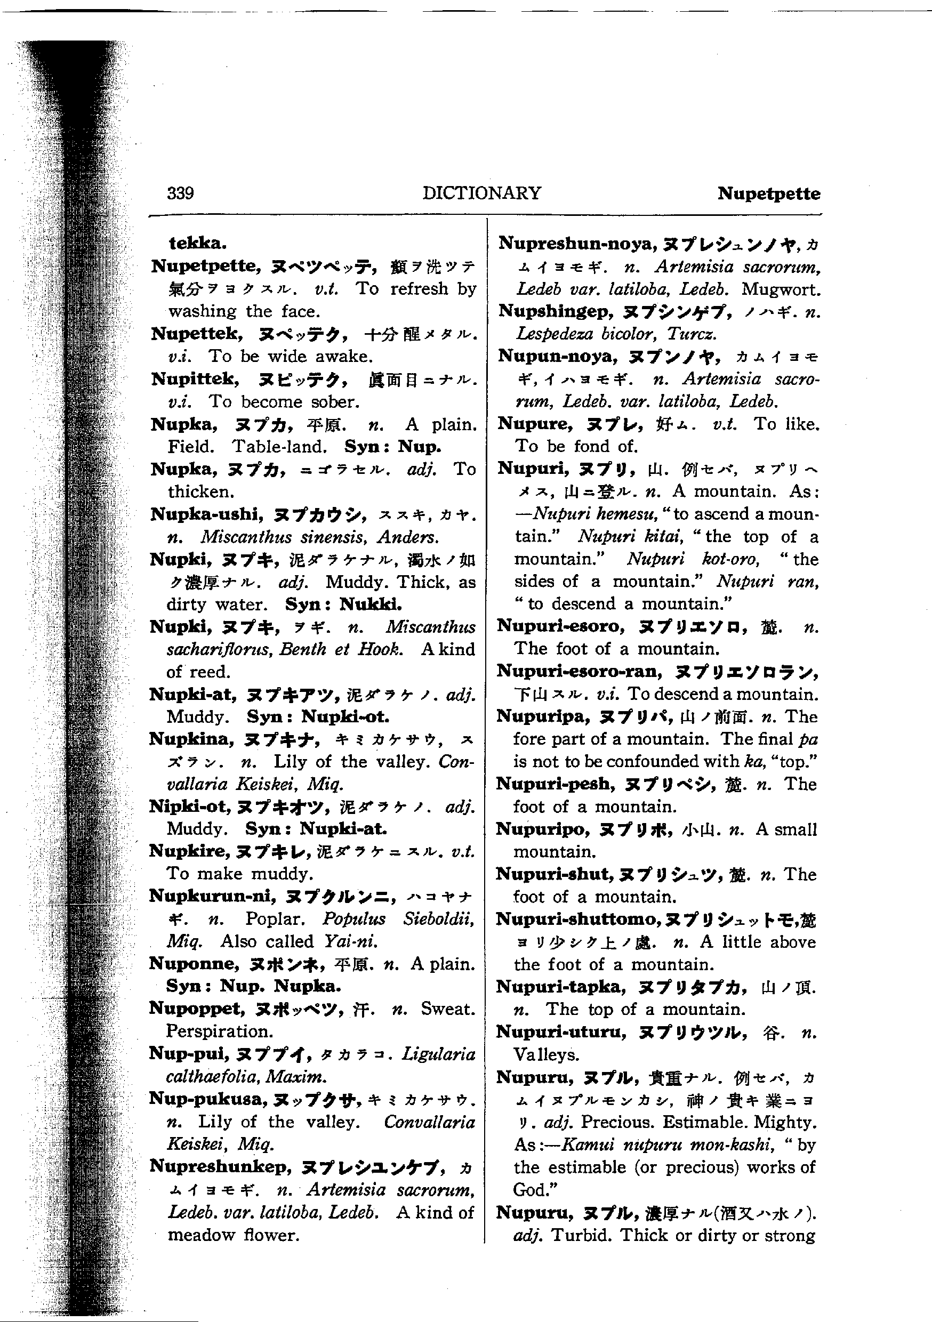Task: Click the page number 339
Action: [180, 192]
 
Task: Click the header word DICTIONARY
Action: [481, 192]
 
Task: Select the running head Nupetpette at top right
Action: [769, 194]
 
